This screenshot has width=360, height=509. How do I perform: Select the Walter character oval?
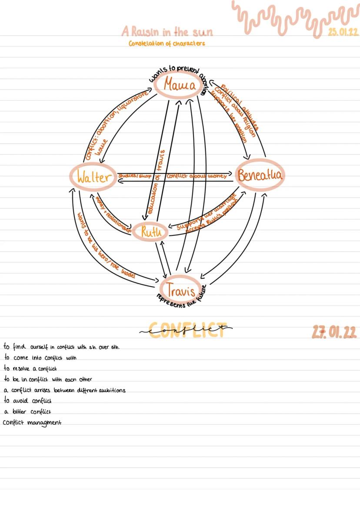coord(92,177)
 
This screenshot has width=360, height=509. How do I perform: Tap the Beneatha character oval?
coord(260,176)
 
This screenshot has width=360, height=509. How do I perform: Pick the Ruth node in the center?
coord(150,232)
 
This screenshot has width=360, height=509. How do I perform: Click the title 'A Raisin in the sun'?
coord(167,32)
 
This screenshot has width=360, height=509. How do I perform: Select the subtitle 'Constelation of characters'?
coord(167,43)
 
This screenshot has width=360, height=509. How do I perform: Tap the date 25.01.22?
coord(343,32)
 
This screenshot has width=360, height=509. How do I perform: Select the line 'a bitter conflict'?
coord(27,411)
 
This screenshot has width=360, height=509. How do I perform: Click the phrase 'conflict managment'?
coord(32,422)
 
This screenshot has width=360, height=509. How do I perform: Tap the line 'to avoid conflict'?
coord(27,400)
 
